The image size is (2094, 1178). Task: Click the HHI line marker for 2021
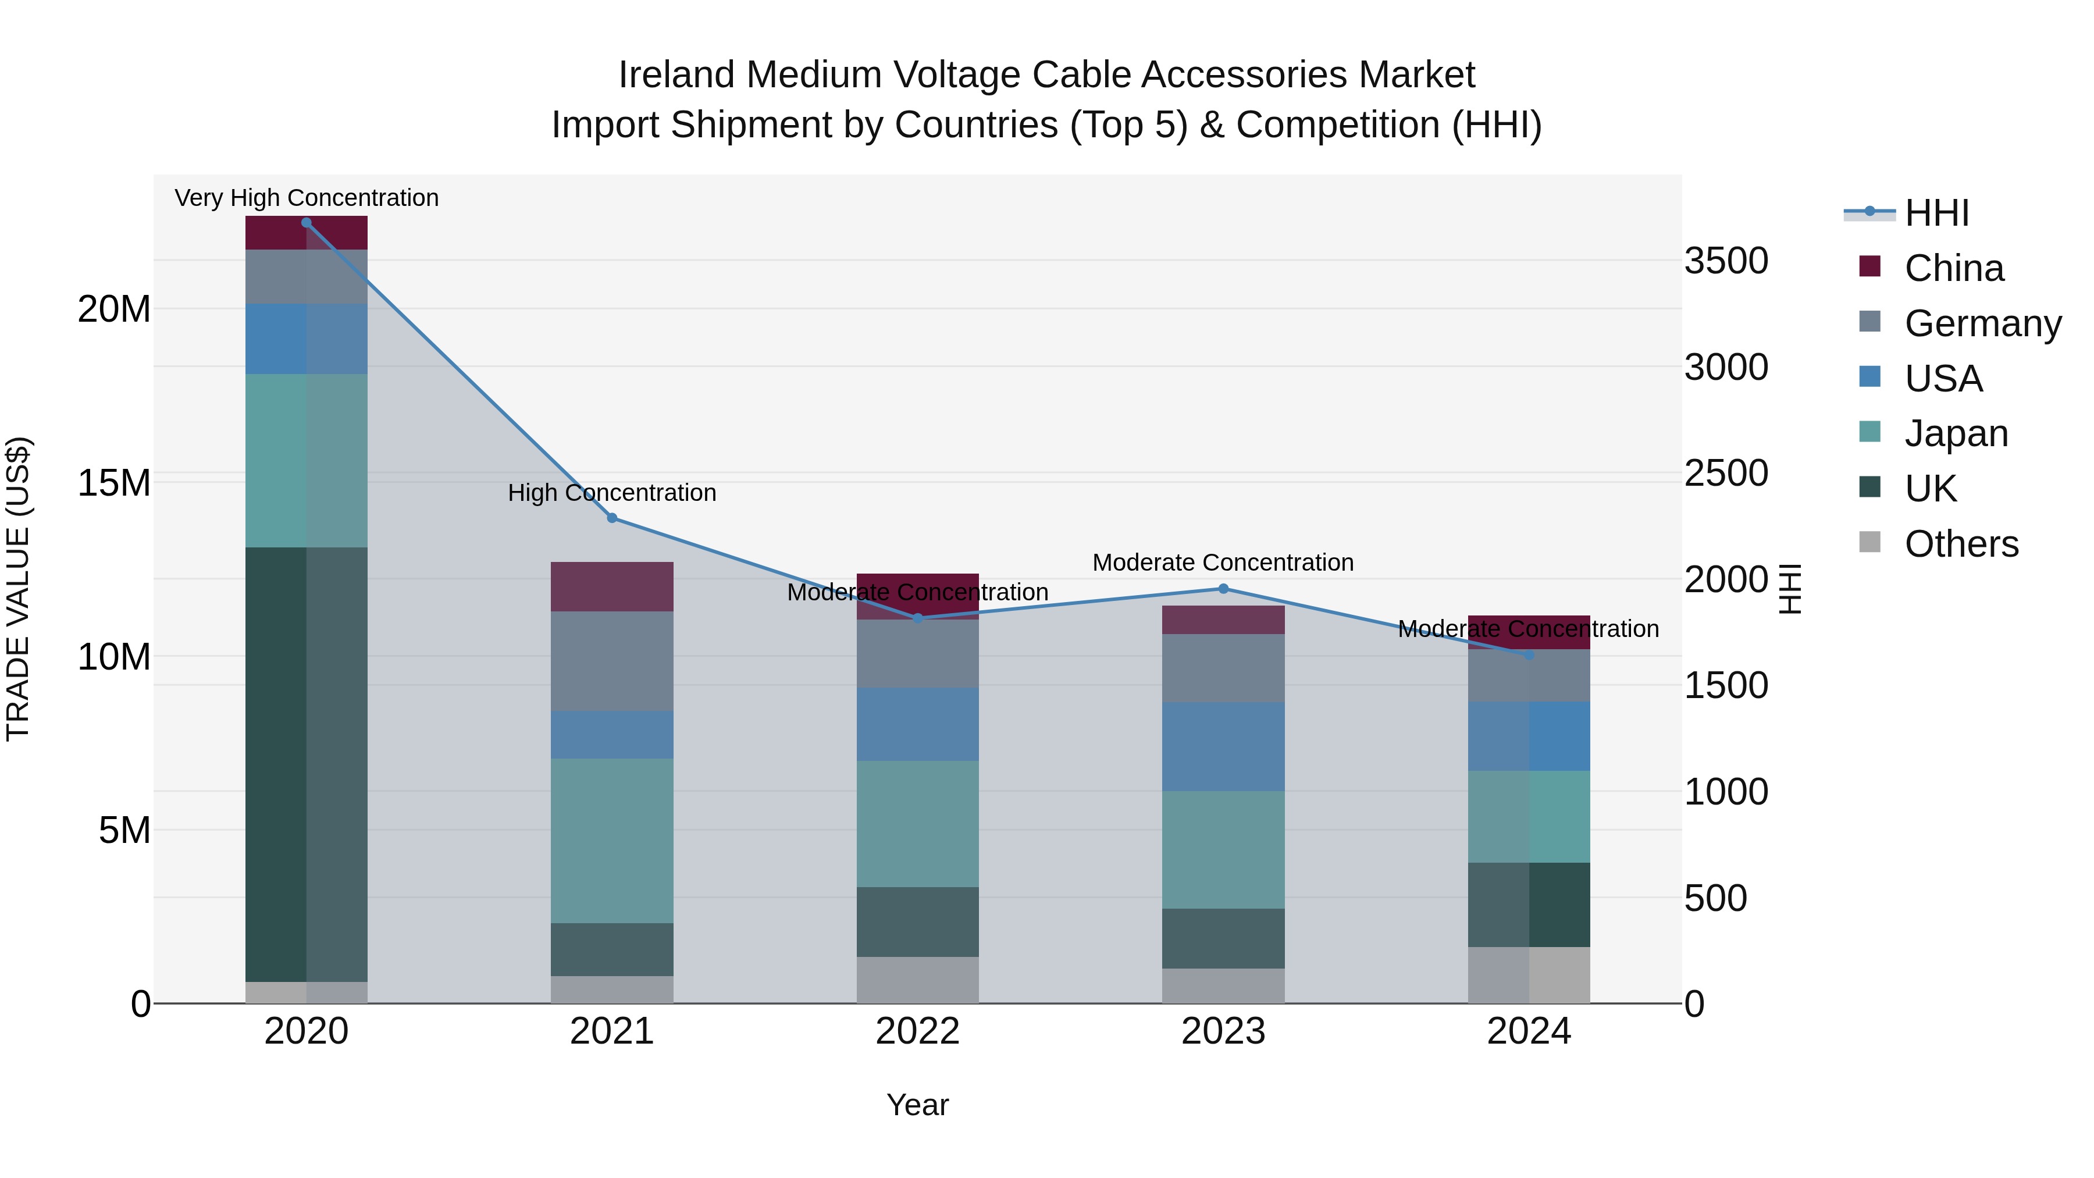pos(612,518)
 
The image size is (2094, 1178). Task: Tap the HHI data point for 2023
pos(1223,589)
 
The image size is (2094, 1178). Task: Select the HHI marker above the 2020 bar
pos(307,223)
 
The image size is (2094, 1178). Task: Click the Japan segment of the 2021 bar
pos(612,841)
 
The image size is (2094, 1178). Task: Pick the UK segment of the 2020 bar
pos(307,764)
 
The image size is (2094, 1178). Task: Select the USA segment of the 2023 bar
pos(1223,746)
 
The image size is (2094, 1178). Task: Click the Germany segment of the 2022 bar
pos(918,654)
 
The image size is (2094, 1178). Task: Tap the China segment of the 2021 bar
pos(612,586)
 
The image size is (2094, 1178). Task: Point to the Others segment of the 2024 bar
pos(1529,975)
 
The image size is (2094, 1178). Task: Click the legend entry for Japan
pos(1955,433)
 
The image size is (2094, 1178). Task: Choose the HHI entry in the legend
pos(1935,213)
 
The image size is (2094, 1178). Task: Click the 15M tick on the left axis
pos(114,483)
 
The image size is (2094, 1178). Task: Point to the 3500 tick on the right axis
pos(1726,261)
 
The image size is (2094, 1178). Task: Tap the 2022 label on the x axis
pos(918,1031)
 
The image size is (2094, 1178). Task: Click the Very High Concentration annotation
pos(307,198)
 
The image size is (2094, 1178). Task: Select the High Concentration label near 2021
pos(612,493)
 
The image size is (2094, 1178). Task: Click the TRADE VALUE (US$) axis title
pos(18,589)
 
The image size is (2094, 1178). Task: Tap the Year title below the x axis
pos(918,1105)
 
